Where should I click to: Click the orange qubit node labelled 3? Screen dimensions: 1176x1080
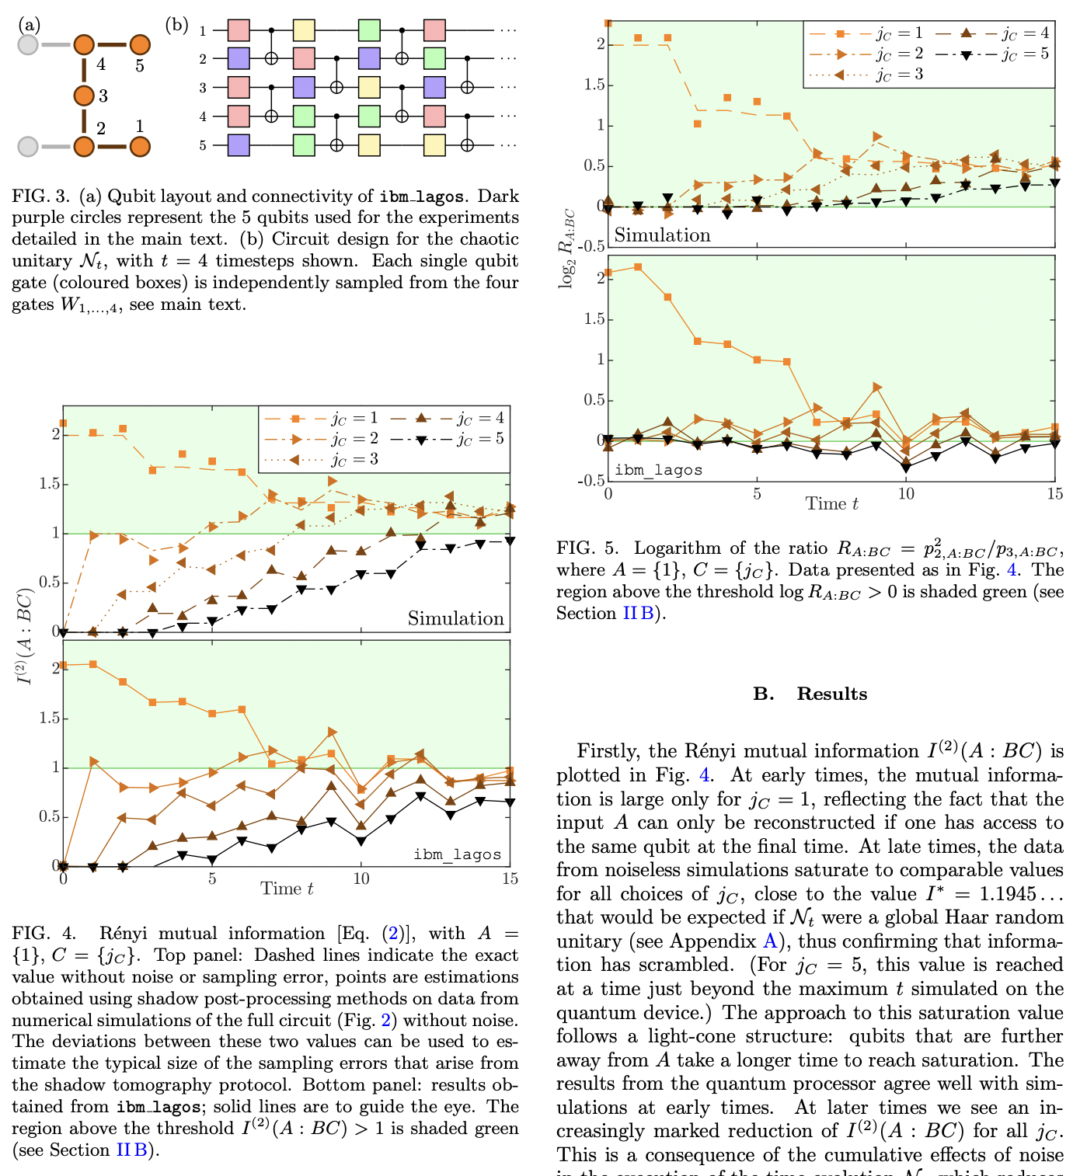(x=84, y=96)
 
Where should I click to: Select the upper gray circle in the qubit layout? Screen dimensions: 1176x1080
(x=28, y=45)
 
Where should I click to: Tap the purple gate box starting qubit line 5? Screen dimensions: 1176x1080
(x=239, y=145)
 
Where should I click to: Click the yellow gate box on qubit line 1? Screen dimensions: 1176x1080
(x=304, y=30)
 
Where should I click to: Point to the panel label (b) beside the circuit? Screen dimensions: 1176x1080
(x=177, y=26)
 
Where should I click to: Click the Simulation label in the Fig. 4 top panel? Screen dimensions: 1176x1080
(x=455, y=618)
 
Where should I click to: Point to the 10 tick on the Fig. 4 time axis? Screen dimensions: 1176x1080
(x=361, y=879)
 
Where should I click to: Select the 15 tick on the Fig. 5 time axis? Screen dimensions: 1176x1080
(x=1054, y=494)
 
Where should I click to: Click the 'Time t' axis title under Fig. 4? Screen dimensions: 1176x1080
(x=287, y=889)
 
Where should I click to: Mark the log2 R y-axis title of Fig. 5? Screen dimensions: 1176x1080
(x=567, y=248)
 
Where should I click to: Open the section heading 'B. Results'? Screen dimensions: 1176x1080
(x=810, y=694)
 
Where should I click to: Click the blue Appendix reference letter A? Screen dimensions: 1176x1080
(x=769, y=941)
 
